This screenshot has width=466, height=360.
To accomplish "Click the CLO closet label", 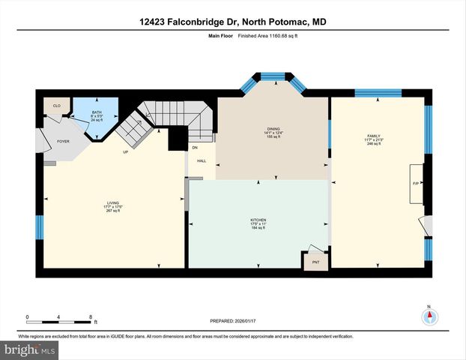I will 56,106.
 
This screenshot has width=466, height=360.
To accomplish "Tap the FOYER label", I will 63,140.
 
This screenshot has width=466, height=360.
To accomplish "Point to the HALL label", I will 202,160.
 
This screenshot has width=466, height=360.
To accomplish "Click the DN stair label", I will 194,148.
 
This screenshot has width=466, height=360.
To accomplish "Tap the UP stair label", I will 126,152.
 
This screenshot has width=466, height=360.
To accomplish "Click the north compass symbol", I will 429,315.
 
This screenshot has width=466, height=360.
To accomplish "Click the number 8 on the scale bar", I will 91,317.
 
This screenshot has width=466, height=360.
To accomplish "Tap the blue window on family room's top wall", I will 378,93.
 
